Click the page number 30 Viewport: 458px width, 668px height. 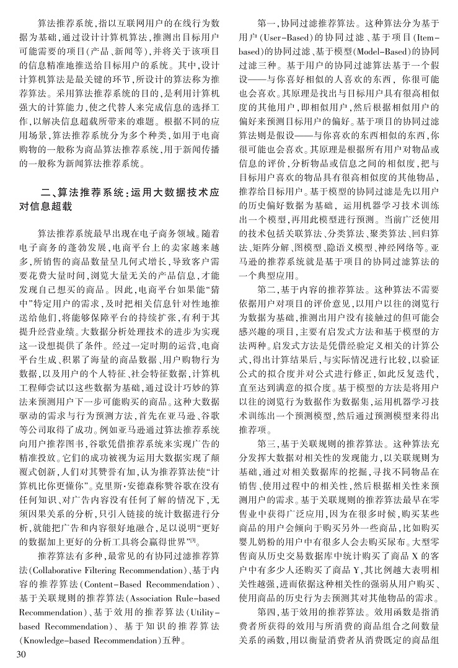click(x=20, y=655)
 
